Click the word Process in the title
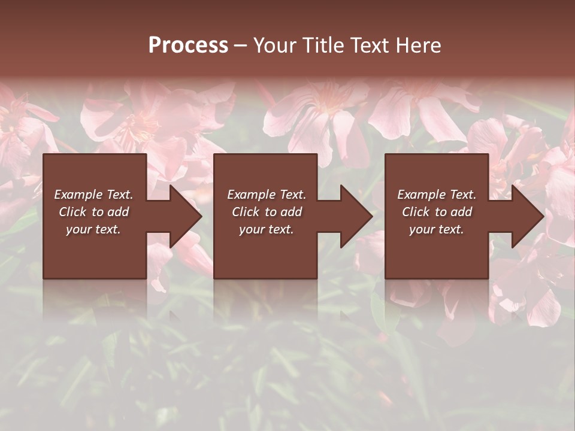coord(188,45)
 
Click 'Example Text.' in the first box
coord(93,195)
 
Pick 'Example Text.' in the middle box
coord(267,195)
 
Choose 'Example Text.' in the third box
coord(437,195)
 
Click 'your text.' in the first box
coord(93,229)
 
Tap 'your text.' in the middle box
coord(267,229)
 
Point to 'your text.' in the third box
coord(437,229)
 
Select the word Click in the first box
coord(72,212)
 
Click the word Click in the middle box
coord(245,212)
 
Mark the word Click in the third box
coord(415,212)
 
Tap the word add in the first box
coord(119,212)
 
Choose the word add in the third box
coord(462,212)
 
